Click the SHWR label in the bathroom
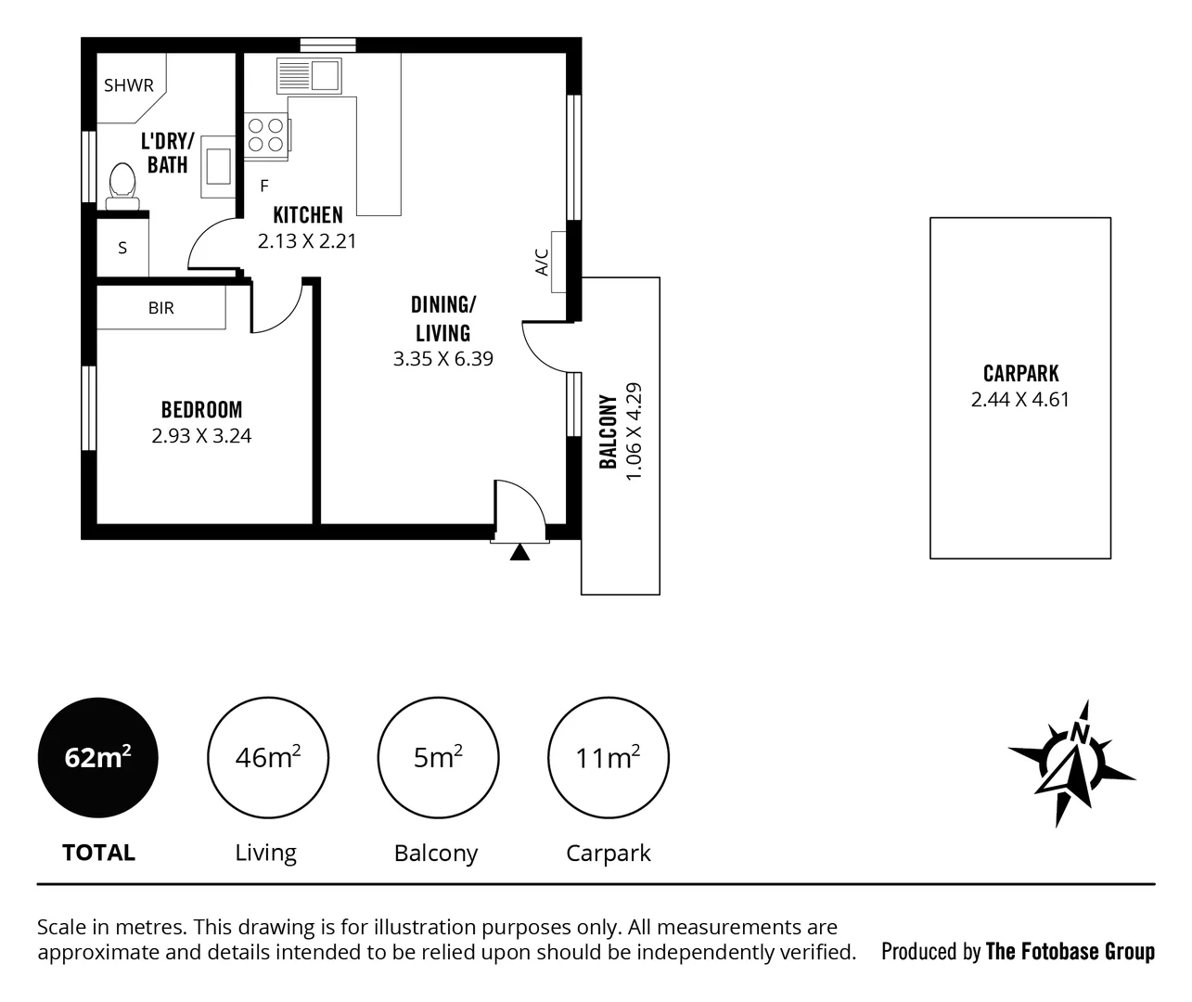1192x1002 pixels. tap(128, 85)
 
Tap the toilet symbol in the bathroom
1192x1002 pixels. tap(122, 184)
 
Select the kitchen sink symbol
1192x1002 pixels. tap(310, 74)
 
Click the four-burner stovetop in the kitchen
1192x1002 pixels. tap(265, 135)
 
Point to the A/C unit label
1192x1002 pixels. tap(543, 262)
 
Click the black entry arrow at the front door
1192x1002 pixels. tap(519, 553)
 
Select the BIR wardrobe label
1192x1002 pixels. tap(160, 308)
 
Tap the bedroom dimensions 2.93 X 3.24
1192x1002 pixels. tap(201, 435)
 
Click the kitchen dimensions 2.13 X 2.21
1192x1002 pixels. tap(307, 241)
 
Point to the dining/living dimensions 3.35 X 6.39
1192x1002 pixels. tap(442, 359)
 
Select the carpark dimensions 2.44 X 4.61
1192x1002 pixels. tap(1019, 400)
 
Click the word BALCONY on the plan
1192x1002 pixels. tap(609, 431)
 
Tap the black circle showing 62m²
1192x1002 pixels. tap(97, 758)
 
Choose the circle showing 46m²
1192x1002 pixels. tap(267, 758)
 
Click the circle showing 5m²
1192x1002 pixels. tap(438, 758)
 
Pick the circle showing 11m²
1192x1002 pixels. tap(608, 758)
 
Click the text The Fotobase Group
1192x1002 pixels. tap(1070, 951)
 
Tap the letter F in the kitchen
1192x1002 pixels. tap(264, 186)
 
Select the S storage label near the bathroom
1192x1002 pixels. tap(122, 249)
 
